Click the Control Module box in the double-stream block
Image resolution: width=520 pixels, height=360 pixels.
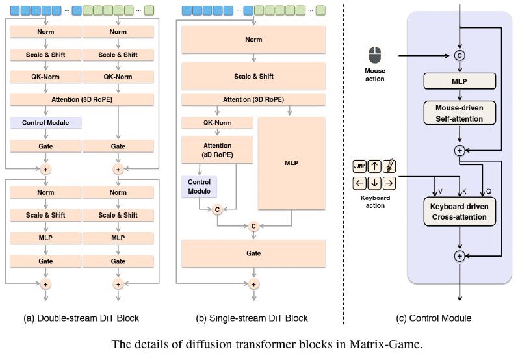[45, 123]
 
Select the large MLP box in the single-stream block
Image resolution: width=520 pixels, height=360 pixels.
[291, 163]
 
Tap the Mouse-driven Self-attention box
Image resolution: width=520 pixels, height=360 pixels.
[460, 113]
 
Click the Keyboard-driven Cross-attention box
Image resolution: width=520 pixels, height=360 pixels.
[460, 212]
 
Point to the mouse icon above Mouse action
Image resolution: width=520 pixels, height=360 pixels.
[375, 55]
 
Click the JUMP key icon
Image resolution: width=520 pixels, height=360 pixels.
[359, 166]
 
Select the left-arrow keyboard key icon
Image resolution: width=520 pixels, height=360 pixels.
[359, 183]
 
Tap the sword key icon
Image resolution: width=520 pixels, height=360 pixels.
[389, 166]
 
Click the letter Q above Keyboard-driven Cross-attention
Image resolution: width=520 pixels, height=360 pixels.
[489, 192]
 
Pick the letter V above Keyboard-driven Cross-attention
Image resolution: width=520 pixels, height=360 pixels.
[440, 192]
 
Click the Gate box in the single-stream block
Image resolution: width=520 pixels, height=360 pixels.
[253, 253]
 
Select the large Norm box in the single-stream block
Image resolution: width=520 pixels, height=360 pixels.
[253, 40]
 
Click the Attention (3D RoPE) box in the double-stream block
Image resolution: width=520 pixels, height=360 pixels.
[82, 99]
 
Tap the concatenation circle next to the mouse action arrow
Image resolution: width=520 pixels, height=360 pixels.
[460, 55]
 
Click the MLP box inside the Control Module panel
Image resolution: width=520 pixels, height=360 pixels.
[460, 81]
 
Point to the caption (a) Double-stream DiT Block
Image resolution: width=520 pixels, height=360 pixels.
[81, 318]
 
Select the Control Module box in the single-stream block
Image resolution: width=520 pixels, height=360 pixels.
[200, 186]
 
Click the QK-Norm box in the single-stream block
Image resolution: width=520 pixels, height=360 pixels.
[217, 123]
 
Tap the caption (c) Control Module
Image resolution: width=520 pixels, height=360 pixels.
[434, 318]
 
